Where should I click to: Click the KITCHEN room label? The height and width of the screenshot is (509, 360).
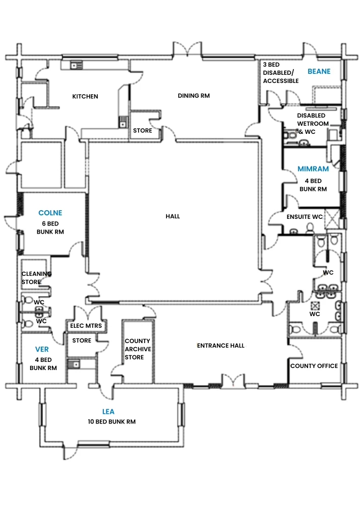tap(85, 96)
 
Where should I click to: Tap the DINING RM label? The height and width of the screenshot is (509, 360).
tap(194, 96)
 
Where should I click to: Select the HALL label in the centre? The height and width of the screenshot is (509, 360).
tap(173, 216)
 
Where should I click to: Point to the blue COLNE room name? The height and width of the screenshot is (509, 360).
tap(50, 213)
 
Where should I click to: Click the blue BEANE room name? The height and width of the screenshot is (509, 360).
tap(319, 71)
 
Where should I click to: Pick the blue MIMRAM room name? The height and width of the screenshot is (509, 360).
tap(313, 169)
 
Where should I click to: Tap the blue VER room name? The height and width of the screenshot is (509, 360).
tap(42, 349)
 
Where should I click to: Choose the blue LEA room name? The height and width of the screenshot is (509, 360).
tap(108, 412)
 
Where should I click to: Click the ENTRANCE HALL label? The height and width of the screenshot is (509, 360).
tap(221, 346)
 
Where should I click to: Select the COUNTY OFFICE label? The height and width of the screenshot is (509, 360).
tap(314, 366)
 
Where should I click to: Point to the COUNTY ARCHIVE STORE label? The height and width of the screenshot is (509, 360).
tap(138, 349)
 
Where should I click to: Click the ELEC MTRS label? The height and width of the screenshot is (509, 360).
tap(86, 326)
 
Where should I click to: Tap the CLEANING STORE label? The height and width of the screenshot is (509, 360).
tap(36, 278)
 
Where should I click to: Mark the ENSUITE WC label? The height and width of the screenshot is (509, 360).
tap(304, 217)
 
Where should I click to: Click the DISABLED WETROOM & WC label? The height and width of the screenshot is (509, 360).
tap(313, 124)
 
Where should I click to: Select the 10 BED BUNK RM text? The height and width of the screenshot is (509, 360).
tap(112, 421)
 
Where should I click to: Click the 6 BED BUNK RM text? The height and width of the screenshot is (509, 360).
tap(50, 228)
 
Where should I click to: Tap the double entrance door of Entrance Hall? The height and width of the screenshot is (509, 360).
tap(233, 381)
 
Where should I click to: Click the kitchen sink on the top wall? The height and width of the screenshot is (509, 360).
tap(76, 65)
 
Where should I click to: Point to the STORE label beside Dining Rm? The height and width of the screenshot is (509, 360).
tap(143, 130)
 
